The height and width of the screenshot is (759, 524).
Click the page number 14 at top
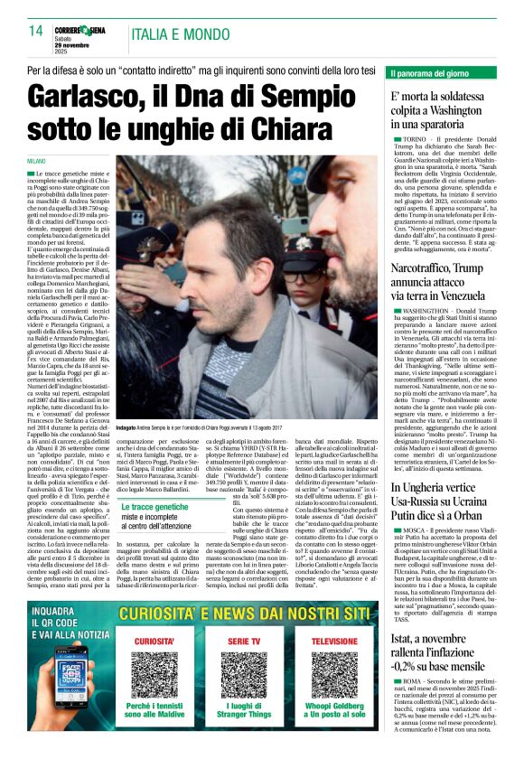[x=35, y=32]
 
